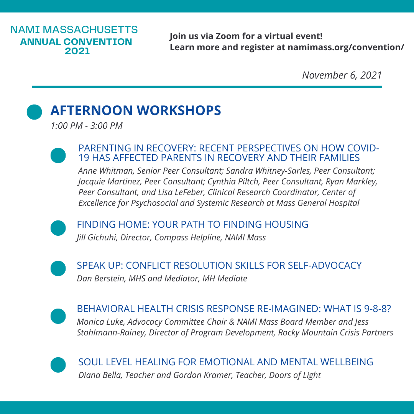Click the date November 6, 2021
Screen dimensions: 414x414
(x=342, y=75)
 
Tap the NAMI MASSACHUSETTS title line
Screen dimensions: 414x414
(x=74, y=30)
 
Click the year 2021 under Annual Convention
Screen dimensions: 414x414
(x=77, y=51)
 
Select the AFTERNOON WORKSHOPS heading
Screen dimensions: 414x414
(x=136, y=110)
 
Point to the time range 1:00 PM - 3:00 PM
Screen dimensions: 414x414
(x=87, y=126)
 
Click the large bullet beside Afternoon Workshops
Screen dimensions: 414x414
(x=34, y=112)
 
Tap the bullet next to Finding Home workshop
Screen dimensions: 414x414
(x=58, y=228)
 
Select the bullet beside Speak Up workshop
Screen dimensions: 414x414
(x=58, y=268)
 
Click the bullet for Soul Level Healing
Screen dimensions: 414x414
(x=58, y=365)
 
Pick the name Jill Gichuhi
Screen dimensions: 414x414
(x=96, y=238)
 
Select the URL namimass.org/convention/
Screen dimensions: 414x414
(x=346, y=47)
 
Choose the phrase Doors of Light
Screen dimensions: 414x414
(x=295, y=375)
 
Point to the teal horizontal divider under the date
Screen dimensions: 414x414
(x=207, y=87)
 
